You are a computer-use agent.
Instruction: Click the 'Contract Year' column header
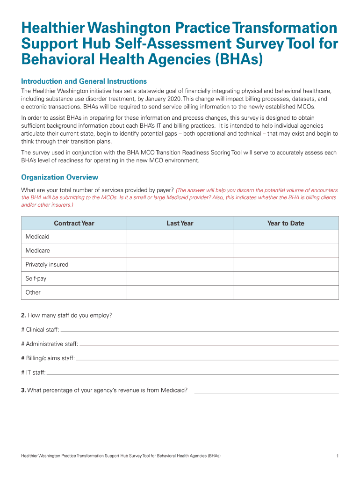[x=74, y=223]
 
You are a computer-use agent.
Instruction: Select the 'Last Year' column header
[x=180, y=223]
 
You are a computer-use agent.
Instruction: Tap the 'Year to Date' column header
[x=286, y=223]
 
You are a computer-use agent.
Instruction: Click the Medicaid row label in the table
[x=37, y=237]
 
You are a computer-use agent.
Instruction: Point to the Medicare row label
[x=37, y=251]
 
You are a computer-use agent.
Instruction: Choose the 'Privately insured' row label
[x=47, y=265]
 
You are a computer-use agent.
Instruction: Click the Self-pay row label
[x=36, y=278]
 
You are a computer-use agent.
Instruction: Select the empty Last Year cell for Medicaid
[x=180, y=237]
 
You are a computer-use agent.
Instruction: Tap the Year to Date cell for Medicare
[x=286, y=251]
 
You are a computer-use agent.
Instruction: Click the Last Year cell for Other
[x=180, y=292]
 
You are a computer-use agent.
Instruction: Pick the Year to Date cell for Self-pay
[x=286, y=278]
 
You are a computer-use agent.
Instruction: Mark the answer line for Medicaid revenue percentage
[x=266, y=391]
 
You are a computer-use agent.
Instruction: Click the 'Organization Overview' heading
[x=60, y=177]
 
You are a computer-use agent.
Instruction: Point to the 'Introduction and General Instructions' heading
[x=84, y=81]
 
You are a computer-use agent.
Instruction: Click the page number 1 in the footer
[x=337, y=455]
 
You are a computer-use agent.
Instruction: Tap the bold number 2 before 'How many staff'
[x=23, y=315]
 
